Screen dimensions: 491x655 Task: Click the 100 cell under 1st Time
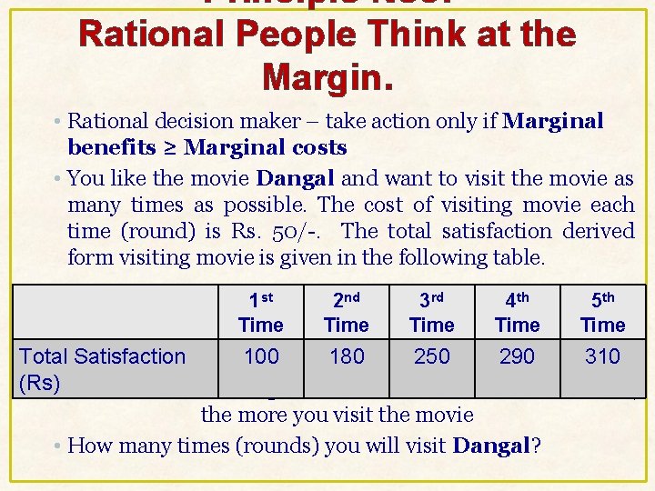[x=261, y=356]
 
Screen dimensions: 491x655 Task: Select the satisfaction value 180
[x=347, y=356]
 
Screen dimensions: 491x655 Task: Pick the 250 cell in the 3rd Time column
[x=432, y=356]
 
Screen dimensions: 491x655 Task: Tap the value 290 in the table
[x=518, y=356]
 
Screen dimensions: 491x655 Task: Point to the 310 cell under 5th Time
[x=603, y=356]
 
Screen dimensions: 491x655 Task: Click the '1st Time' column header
[x=261, y=312]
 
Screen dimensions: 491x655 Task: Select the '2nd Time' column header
[x=347, y=312]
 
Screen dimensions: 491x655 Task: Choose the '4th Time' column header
[x=518, y=312]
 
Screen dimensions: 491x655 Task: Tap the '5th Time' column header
[x=603, y=312]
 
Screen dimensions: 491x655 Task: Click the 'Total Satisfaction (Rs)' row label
[x=102, y=368]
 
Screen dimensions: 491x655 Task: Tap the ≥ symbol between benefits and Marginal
[x=176, y=147]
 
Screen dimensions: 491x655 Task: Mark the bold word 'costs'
[x=317, y=147]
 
